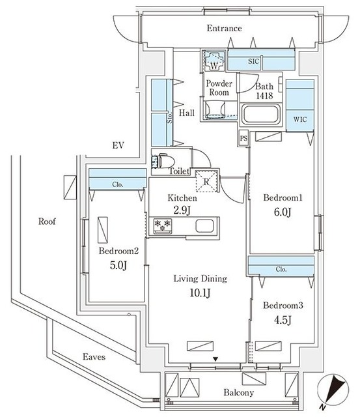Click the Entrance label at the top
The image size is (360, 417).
(x=224, y=29)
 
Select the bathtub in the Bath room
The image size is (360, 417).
(x=260, y=117)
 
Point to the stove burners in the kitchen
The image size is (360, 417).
(x=160, y=226)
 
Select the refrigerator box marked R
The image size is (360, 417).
(x=206, y=182)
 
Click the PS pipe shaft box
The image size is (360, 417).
(x=243, y=138)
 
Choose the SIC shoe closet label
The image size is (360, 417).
(x=253, y=61)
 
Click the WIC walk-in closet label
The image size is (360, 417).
(x=300, y=119)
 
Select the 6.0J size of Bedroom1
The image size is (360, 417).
(x=281, y=211)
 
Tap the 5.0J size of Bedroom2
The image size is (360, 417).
(x=118, y=265)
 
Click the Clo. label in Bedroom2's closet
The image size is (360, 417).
(x=117, y=184)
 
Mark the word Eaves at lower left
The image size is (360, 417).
(x=94, y=357)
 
